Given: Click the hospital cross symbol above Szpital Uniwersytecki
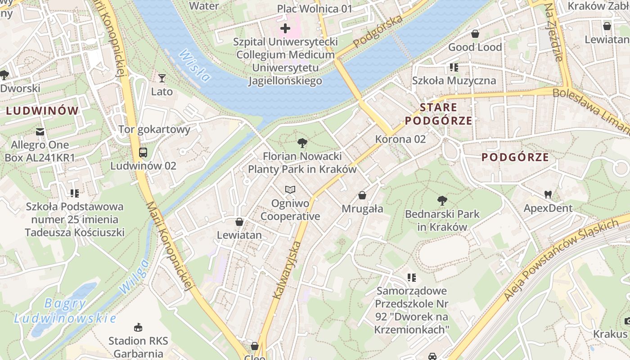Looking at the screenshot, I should pyautogui.click(x=285, y=29).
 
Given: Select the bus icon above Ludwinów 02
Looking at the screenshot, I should pyautogui.click(x=143, y=153).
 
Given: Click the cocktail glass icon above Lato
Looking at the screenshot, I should pyautogui.click(x=162, y=78).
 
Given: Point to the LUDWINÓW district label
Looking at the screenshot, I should pyautogui.click(x=42, y=111).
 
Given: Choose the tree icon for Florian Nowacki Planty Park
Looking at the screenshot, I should pyautogui.click(x=302, y=144).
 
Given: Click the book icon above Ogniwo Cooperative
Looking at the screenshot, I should pyautogui.click(x=290, y=190).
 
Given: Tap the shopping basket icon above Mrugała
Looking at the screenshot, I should pyautogui.click(x=362, y=195).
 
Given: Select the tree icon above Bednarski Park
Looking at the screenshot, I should pyautogui.click(x=442, y=200).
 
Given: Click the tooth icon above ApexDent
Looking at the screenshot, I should pyautogui.click(x=548, y=195).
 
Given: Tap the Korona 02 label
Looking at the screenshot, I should pyautogui.click(x=400, y=139).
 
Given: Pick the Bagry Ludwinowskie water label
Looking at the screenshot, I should pyautogui.click(x=65, y=311).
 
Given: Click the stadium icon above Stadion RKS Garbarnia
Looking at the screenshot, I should pyautogui.click(x=138, y=327).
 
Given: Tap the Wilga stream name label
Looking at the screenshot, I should pyautogui.click(x=135, y=275).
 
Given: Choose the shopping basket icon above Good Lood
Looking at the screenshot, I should pyautogui.click(x=475, y=34).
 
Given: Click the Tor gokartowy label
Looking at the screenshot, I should pyautogui.click(x=154, y=130).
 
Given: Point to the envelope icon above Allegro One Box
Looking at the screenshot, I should pyautogui.click(x=40, y=132).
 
